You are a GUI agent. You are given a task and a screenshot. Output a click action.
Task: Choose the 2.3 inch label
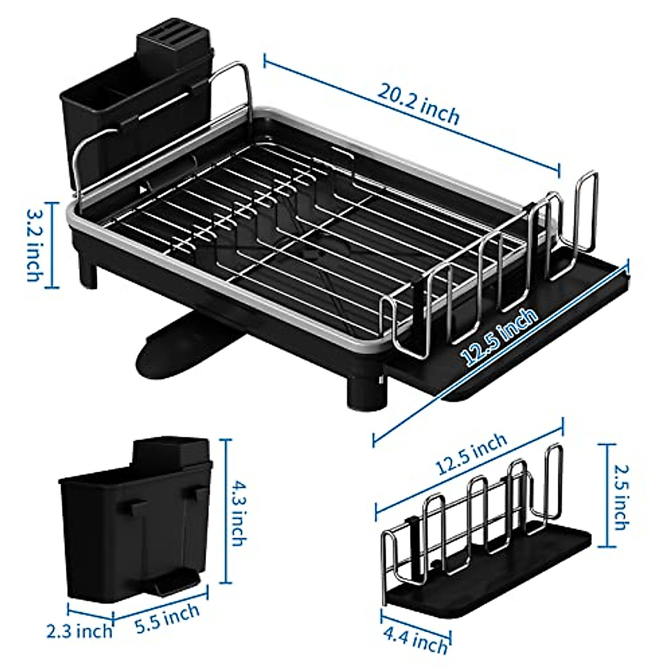pyautogui.click(x=79, y=632)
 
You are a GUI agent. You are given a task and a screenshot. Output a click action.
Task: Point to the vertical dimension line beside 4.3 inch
pyautogui.click(x=227, y=512)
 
